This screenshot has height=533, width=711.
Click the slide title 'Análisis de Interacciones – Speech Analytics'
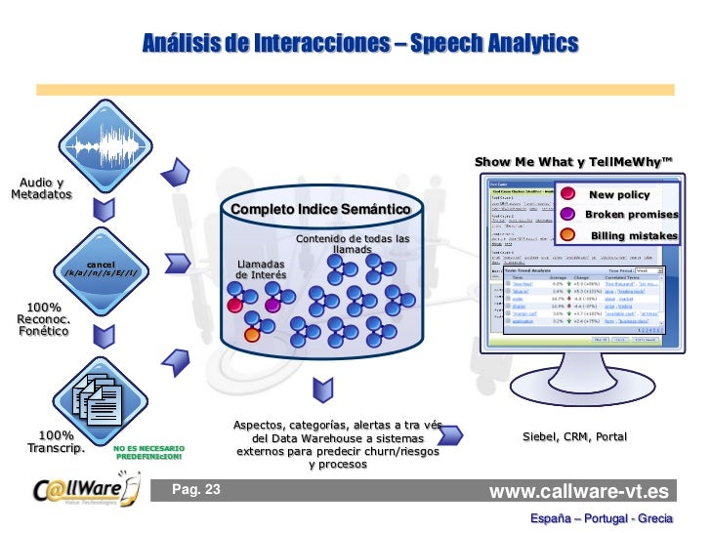(x=359, y=43)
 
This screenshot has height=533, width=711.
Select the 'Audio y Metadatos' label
(x=42, y=188)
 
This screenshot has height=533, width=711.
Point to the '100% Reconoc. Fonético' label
(x=42, y=320)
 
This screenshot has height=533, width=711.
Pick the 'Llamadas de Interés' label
(x=261, y=269)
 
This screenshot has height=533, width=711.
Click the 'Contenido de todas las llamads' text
(x=352, y=244)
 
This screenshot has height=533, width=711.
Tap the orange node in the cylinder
(x=251, y=335)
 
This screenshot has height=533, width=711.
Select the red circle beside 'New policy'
(x=567, y=194)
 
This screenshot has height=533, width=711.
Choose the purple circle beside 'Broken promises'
(x=567, y=215)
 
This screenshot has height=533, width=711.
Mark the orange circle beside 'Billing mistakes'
(x=567, y=235)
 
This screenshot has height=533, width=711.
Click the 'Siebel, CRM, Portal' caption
(x=574, y=437)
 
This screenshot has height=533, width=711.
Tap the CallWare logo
(x=77, y=490)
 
